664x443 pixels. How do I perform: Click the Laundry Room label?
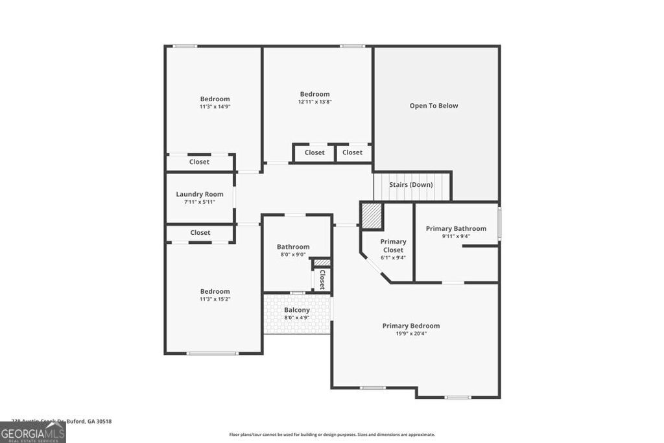(200, 194)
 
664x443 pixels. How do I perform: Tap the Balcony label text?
(297, 310)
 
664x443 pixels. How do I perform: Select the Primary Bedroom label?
(411, 326)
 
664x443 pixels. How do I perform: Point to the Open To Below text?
(434, 106)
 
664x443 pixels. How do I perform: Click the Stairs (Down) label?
(411, 185)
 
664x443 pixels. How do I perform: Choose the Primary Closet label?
(393, 246)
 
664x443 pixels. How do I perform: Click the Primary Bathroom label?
(456, 228)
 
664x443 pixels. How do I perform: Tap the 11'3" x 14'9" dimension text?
(215, 106)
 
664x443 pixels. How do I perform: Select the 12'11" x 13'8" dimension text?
(314, 102)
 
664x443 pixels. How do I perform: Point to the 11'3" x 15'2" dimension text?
(215, 299)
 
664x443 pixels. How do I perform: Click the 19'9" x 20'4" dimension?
(411, 333)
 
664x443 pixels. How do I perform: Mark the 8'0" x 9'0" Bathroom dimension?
(293, 254)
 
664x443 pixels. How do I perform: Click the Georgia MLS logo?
(32, 432)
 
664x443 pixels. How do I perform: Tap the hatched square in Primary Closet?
(372, 216)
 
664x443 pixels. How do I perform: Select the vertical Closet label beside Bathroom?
(322, 278)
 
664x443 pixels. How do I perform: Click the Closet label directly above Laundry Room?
(200, 162)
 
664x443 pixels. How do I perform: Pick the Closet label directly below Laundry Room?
(200, 232)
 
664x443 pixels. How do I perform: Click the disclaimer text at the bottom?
(332, 435)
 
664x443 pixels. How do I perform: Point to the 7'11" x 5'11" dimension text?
(200, 202)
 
